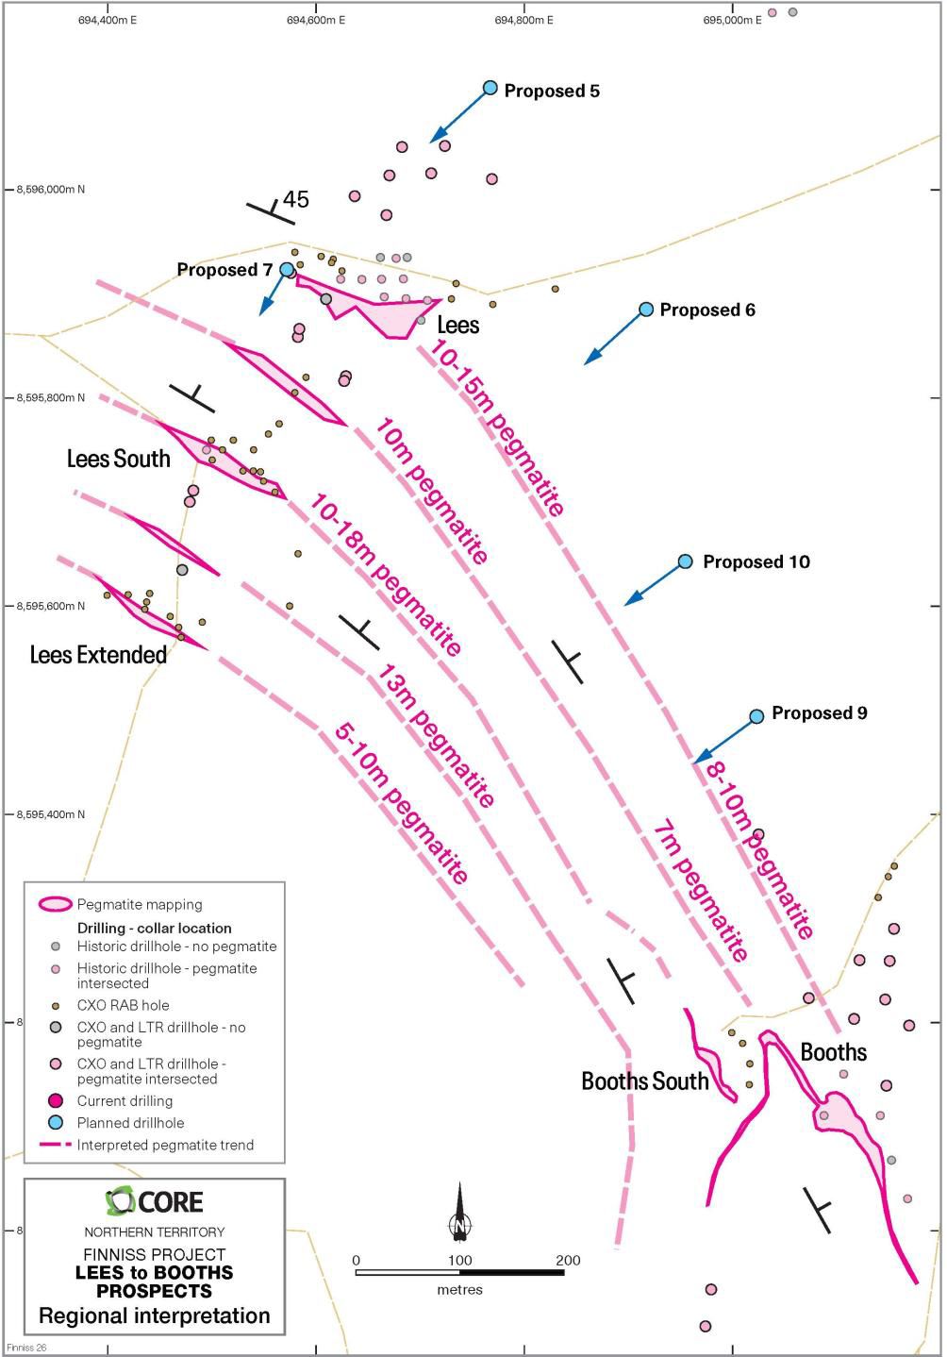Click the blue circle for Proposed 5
[490, 88]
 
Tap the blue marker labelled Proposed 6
[646, 310]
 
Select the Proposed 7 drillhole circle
[287, 269]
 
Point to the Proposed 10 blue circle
[686, 561]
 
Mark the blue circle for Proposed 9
[756, 716]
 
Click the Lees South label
[119, 459]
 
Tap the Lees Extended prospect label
[98, 654]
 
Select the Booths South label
[644, 1081]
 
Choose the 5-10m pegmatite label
[402, 803]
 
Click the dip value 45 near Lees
[296, 199]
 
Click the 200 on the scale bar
[568, 1260]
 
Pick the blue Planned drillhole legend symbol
[56, 1123]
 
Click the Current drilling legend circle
[56, 1100]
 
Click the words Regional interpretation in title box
[154, 1315]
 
